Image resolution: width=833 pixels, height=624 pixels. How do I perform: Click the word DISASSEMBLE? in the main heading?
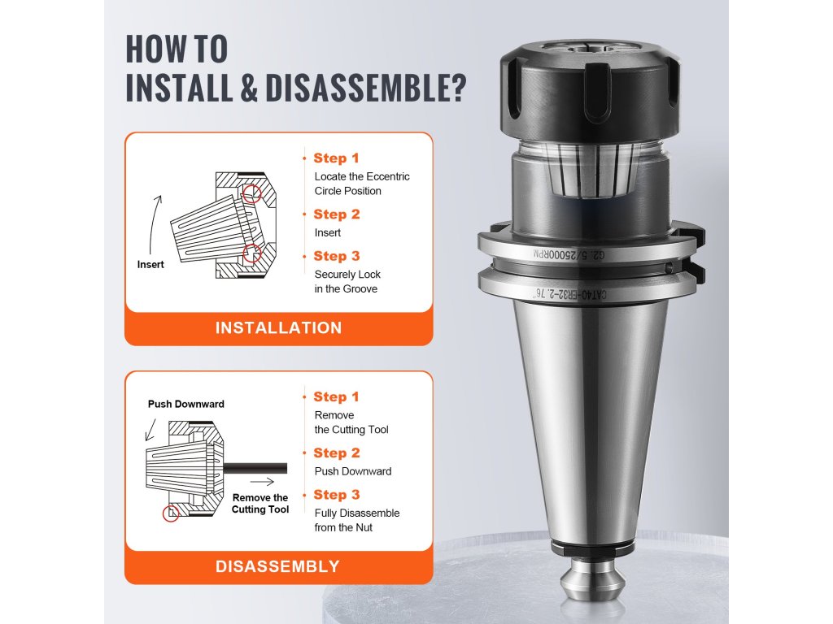tap(365, 88)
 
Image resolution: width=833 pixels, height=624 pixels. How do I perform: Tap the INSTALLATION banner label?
tap(278, 328)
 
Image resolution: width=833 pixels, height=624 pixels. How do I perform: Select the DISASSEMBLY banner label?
tap(278, 566)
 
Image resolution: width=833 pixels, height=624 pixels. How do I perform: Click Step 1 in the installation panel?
tap(336, 158)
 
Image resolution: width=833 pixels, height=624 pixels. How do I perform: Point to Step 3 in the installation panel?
tap(337, 256)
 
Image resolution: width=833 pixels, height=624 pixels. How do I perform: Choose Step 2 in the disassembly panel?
tap(337, 453)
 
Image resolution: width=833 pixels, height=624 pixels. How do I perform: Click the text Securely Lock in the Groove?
tap(347, 282)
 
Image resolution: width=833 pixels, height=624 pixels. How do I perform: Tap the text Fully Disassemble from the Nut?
tap(357, 521)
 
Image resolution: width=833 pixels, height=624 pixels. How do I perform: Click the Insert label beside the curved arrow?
tap(150, 264)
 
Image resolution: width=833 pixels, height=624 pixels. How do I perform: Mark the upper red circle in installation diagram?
tap(252, 193)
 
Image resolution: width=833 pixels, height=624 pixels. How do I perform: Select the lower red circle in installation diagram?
tap(252, 253)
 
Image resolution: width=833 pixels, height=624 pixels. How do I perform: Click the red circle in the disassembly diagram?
tap(171, 513)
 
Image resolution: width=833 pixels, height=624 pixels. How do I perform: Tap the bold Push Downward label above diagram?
tap(186, 404)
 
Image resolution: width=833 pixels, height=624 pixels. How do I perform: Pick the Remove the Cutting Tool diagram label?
tap(260, 504)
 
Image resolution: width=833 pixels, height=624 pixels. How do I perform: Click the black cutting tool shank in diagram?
tap(255, 469)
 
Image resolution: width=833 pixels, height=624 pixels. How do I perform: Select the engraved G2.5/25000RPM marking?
tap(569, 254)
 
